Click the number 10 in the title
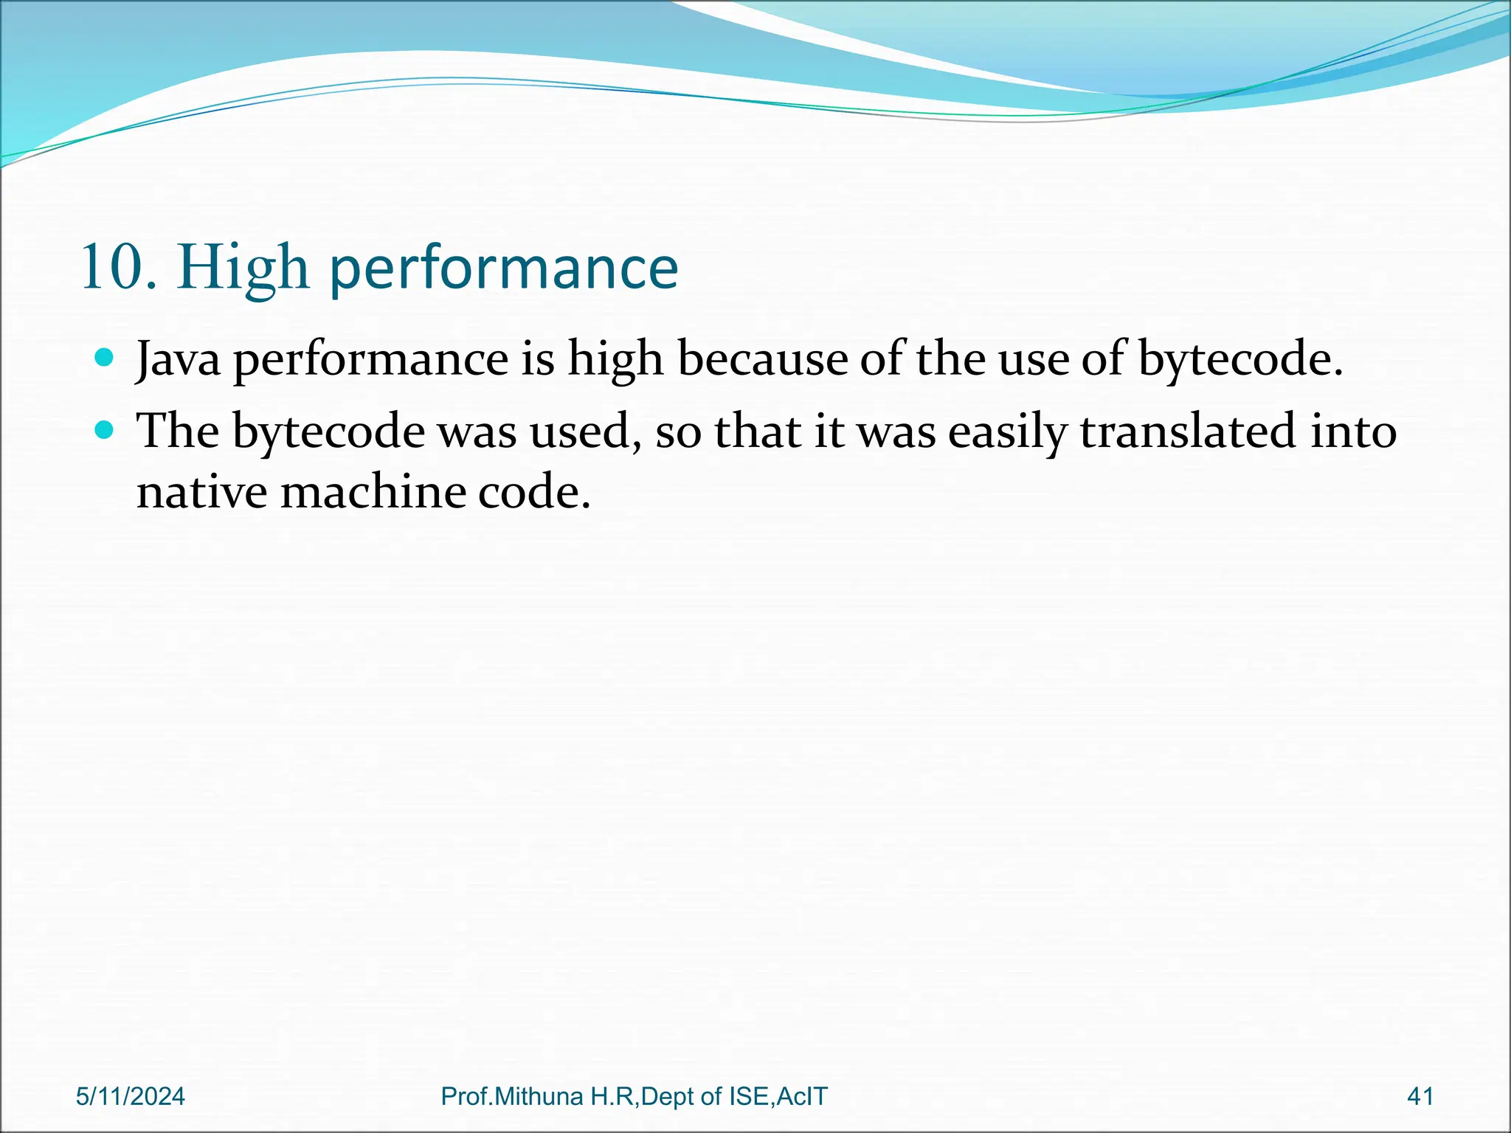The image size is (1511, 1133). (112, 268)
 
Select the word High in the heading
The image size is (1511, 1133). (243, 269)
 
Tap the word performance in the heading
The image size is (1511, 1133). (503, 269)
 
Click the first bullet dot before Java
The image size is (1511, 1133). (105, 358)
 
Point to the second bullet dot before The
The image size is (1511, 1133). (105, 430)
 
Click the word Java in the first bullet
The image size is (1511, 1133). (178, 359)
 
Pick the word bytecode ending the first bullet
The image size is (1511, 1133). (1239, 361)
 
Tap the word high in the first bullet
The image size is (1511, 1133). (615, 361)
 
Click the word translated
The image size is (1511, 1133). (1188, 431)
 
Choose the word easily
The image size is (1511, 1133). (1007, 432)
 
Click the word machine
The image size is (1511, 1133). (373, 491)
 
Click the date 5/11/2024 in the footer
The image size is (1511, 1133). (131, 1097)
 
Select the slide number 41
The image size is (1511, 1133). (1420, 1097)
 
